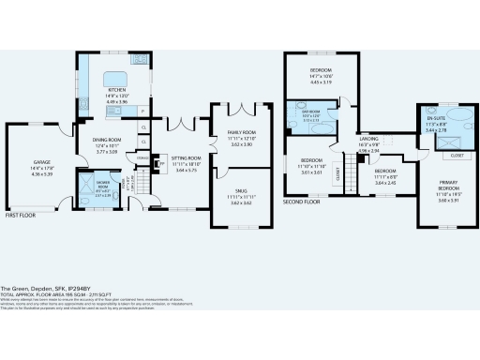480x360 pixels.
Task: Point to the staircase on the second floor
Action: click(354, 172)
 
